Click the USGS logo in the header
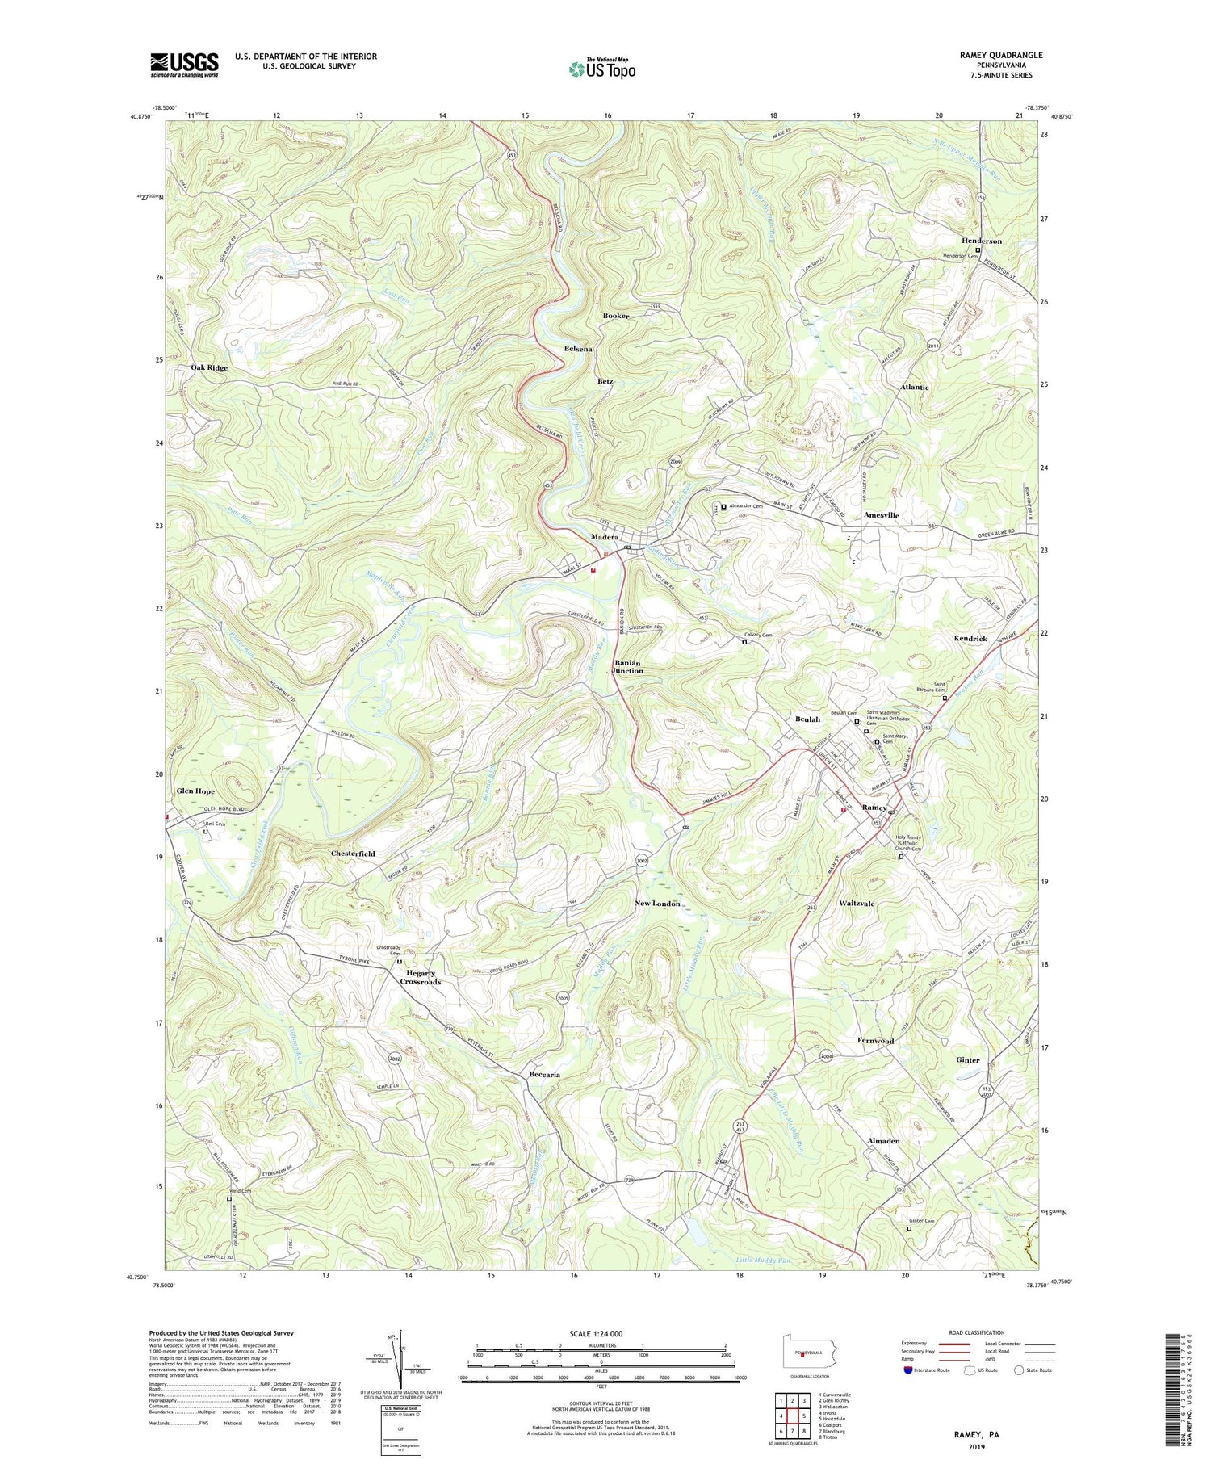click(184, 65)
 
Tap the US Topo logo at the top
click(601, 69)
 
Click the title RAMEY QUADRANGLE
click(1000, 55)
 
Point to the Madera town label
click(605, 537)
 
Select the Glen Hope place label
click(195, 791)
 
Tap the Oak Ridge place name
click(209, 367)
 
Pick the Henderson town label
click(981, 241)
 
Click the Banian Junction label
click(627, 666)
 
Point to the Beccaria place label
click(544, 1075)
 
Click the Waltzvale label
click(857, 904)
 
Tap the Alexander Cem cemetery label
click(746, 505)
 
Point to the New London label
click(657, 904)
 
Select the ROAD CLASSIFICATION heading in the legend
click(977, 1332)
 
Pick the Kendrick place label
click(970, 639)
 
